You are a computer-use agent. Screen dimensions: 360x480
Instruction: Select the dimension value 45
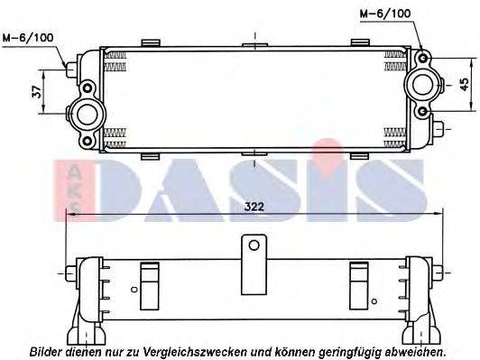tap(463, 84)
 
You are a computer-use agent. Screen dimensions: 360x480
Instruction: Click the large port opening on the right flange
tap(422, 85)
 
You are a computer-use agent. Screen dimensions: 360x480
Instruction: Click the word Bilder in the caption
tap(47, 349)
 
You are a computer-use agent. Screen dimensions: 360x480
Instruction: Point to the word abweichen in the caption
tap(415, 349)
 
